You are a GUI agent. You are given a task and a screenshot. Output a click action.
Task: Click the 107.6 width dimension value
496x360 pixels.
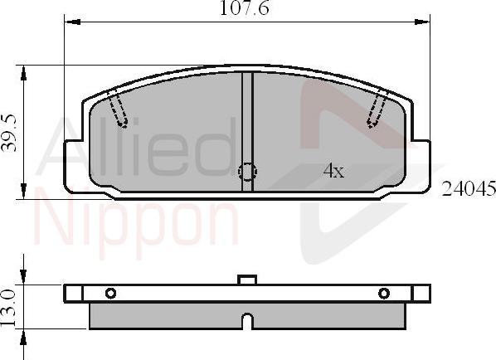click(x=246, y=9)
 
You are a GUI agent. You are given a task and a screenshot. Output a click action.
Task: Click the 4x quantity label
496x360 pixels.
click(x=333, y=172)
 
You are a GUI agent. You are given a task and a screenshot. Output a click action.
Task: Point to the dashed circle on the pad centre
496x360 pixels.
click(x=247, y=172)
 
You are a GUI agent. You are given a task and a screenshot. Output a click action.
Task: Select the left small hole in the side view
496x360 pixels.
click(x=110, y=293)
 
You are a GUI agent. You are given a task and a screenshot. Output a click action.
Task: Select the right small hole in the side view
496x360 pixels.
click(x=383, y=293)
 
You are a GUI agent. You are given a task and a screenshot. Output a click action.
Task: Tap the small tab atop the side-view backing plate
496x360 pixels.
click(x=246, y=280)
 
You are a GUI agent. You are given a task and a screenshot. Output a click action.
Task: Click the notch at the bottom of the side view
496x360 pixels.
click(x=246, y=321)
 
